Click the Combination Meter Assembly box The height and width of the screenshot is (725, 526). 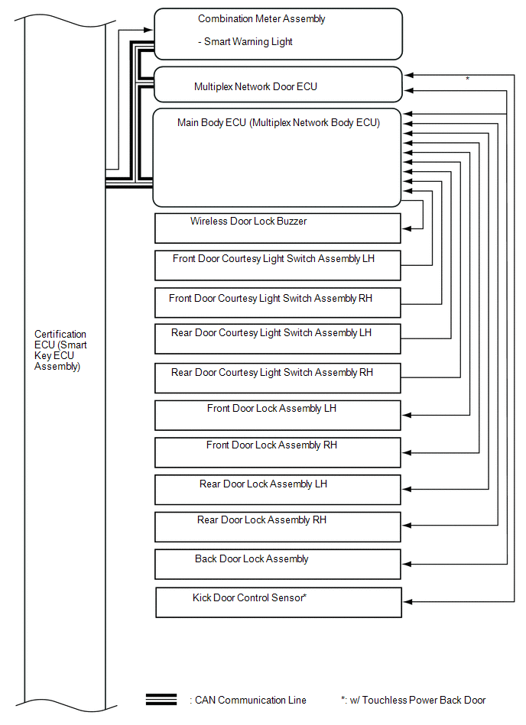278,34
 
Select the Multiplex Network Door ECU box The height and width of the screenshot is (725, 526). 278,85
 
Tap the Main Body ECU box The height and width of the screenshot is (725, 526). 277,157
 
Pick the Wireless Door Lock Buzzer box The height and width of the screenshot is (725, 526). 278,228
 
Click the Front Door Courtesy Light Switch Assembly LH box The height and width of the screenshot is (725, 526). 278,265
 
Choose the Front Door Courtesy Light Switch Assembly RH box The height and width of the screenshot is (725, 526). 278,303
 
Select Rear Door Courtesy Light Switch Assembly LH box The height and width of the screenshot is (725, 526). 278,339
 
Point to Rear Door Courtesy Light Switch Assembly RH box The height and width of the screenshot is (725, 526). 278,378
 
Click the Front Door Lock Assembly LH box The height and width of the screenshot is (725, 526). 278,415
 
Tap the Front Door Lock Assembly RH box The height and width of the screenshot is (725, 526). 278,452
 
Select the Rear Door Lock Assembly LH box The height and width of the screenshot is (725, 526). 278,490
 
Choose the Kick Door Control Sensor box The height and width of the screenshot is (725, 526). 278,602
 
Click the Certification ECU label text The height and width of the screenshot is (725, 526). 60,350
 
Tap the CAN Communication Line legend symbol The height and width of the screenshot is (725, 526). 161,700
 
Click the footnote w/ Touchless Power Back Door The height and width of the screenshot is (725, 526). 413,700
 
